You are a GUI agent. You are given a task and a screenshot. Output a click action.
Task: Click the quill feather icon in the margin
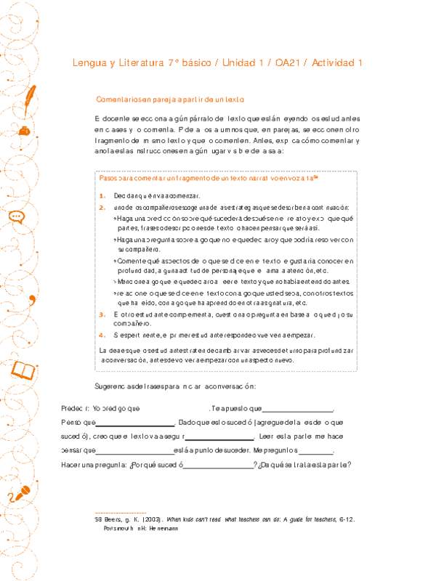31,94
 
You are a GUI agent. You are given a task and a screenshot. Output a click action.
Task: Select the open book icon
23,371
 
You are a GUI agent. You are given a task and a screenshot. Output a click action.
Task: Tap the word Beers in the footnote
114,520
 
